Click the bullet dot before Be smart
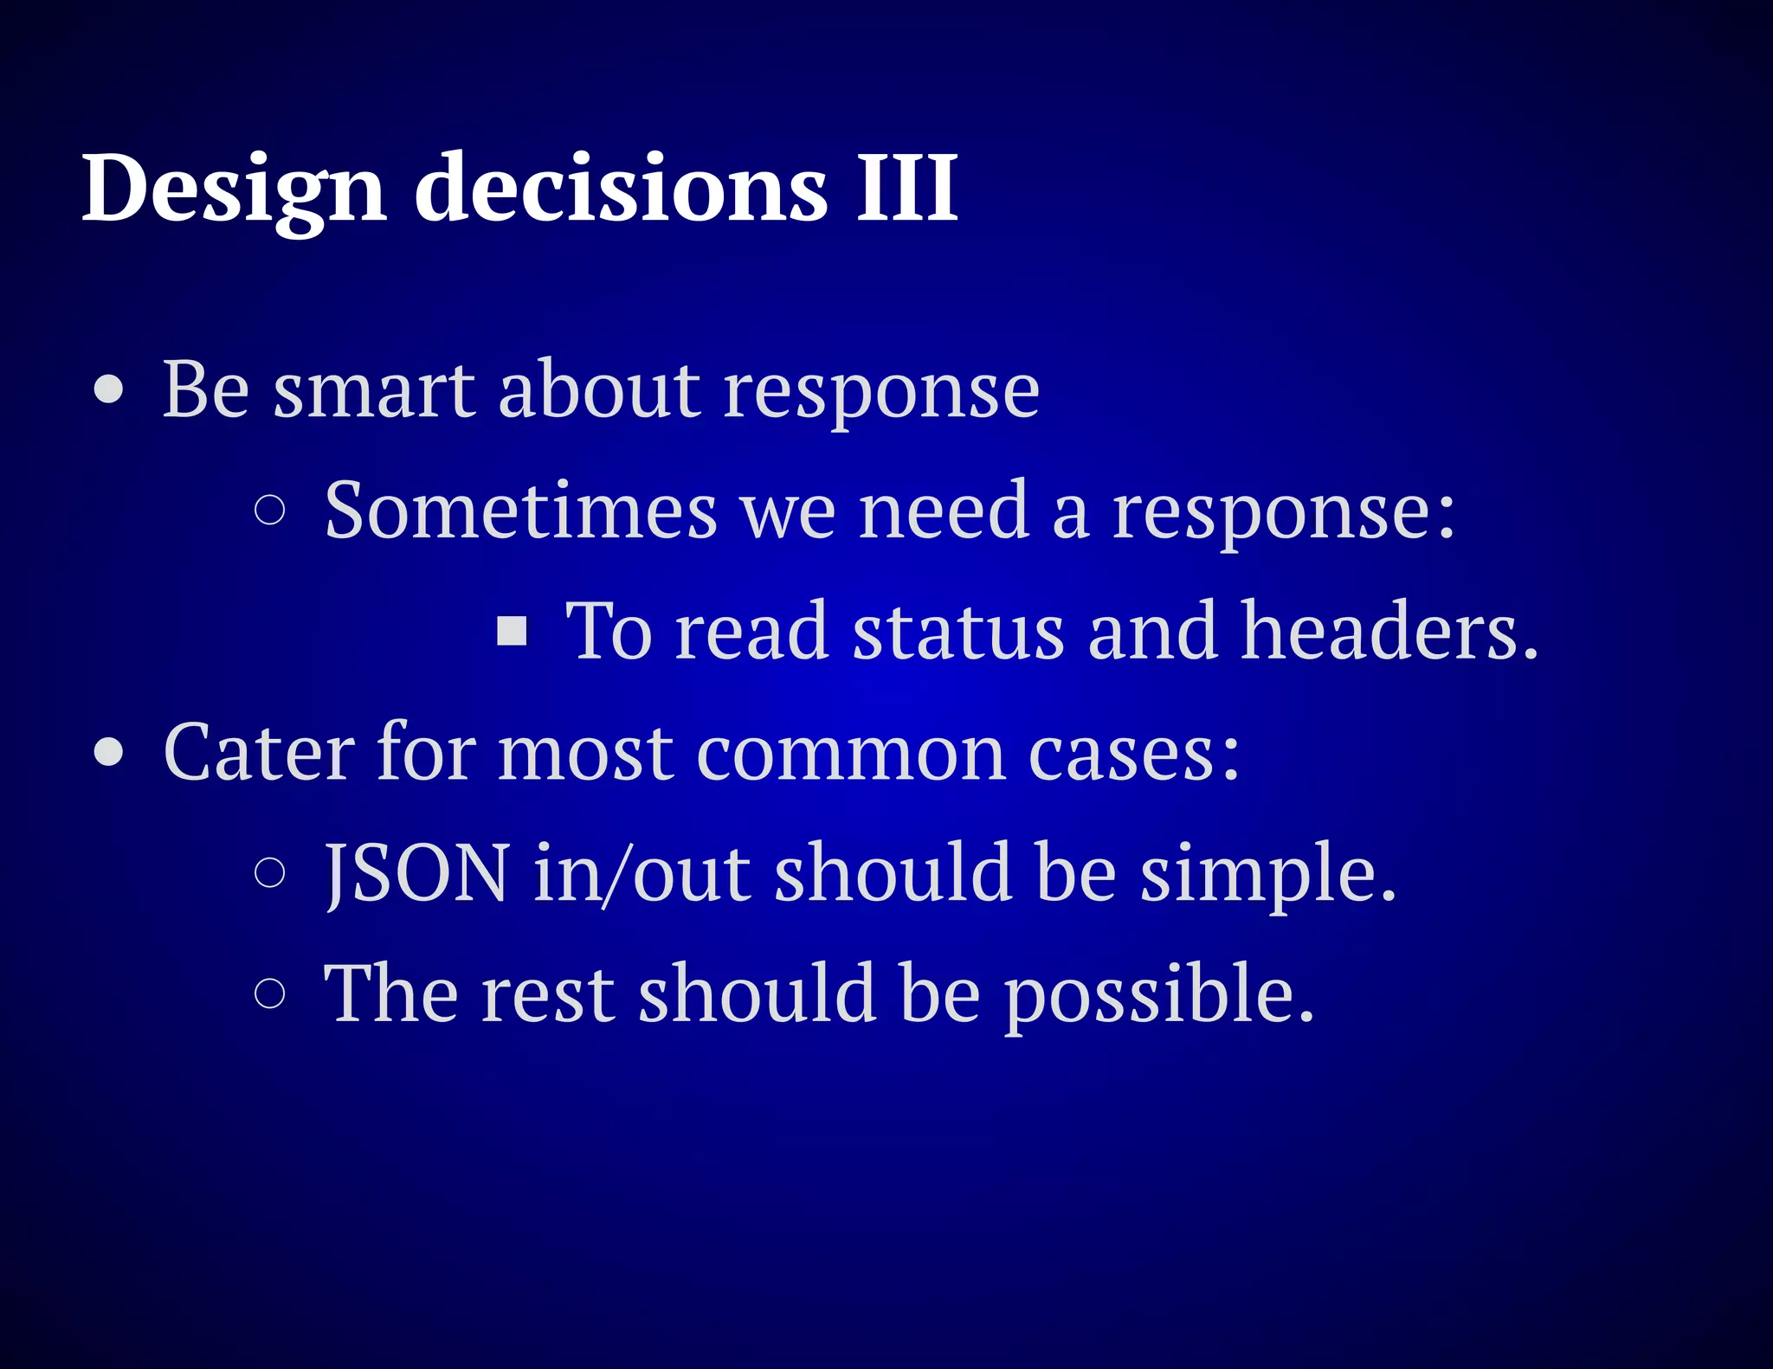[x=109, y=389]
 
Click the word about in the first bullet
[x=598, y=389]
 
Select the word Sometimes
[x=520, y=511]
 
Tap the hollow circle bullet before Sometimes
[x=270, y=511]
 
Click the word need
[x=944, y=511]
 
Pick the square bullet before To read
[x=512, y=632]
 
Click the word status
[x=957, y=632]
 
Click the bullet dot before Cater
[x=109, y=752]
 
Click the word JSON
[x=416, y=873]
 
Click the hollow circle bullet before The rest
[x=270, y=993]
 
